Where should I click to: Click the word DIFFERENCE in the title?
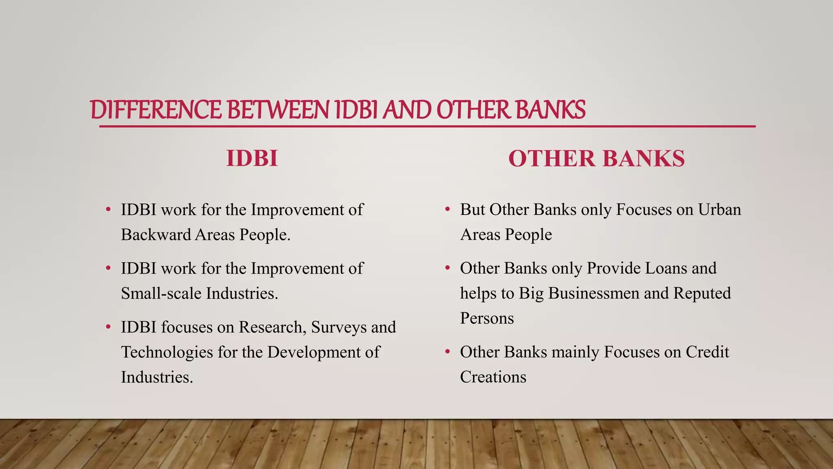coord(156,110)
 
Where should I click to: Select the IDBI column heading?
coord(252,158)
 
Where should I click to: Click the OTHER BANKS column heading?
coord(596,158)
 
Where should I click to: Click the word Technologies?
coord(167,353)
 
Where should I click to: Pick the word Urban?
coord(720,210)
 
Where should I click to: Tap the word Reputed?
coord(702,294)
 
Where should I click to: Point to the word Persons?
coord(487,318)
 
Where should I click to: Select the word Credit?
coord(707,352)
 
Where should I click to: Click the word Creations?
coord(493,377)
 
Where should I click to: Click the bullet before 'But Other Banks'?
coord(447,210)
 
